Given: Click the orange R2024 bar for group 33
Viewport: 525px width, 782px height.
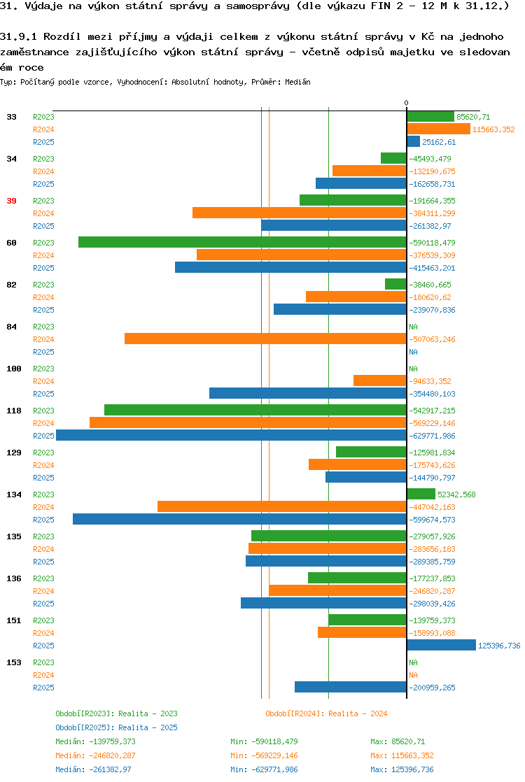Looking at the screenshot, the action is (439, 129).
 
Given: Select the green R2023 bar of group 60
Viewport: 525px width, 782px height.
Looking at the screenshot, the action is (242, 243).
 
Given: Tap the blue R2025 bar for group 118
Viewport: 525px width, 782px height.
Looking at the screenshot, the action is (232, 435).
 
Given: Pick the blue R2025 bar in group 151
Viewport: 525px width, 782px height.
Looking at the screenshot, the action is (442, 646).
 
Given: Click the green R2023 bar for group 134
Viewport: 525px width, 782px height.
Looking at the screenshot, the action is (421, 495).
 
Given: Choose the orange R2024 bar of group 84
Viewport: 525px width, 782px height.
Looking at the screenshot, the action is (265, 339).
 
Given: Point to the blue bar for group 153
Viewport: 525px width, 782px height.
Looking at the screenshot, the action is (351, 688).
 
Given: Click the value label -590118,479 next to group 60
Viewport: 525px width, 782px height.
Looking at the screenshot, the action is (432, 243).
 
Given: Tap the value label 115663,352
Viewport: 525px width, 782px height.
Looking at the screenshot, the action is (493, 129).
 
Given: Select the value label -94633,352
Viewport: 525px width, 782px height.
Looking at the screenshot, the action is (430, 381).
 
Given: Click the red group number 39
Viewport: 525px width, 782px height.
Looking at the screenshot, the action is (11, 201).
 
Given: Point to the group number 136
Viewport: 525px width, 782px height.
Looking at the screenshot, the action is (14, 578).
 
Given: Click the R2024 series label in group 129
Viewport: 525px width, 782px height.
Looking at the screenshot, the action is (43, 465).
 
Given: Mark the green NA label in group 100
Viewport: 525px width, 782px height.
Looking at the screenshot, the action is (413, 369).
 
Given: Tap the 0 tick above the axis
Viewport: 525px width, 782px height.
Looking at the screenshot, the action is (406, 103).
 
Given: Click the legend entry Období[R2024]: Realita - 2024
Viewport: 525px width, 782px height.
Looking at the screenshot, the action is (326, 713).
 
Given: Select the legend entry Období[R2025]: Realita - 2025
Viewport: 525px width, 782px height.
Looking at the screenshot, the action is (116, 727).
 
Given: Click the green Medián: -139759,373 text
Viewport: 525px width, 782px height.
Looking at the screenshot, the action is (95, 741).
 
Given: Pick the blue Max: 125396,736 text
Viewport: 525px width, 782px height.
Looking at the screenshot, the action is (402, 769).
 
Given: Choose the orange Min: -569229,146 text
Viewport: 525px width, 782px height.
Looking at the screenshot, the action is (264, 755).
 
